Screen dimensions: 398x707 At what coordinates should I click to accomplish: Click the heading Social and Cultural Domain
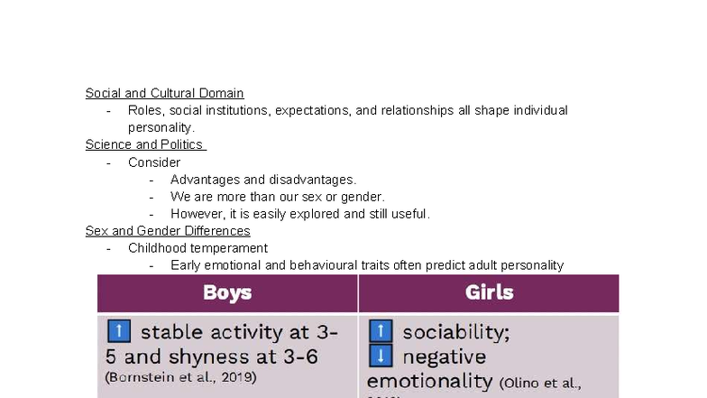pyautogui.click(x=164, y=93)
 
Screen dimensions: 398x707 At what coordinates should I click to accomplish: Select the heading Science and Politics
pyautogui.click(x=144, y=144)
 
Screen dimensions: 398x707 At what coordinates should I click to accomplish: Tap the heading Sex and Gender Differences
pyautogui.click(x=168, y=231)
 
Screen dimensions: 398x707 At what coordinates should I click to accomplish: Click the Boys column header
pyautogui.click(x=227, y=292)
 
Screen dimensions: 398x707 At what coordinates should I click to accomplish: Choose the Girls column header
pyautogui.click(x=489, y=292)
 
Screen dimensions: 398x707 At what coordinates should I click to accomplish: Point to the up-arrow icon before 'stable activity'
pyautogui.click(x=118, y=331)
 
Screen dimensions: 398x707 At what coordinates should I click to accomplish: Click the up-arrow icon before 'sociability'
pyautogui.click(x=381, y=331)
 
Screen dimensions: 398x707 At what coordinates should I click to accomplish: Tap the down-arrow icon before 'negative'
pyautogui.click(x=381, y=356)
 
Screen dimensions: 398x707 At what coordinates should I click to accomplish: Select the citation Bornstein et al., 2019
pyautogui.click(x=181, y=376)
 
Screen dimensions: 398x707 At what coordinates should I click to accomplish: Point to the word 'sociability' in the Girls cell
pyautogui.click(x=456, y=331)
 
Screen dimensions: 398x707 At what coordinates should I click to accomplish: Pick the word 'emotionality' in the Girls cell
pyautogui.click(x=429, y=381)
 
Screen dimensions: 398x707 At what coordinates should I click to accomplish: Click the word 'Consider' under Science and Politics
pyautogui.click(x=154, y=162)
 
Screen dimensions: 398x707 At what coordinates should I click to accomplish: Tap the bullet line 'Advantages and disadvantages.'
pyautogui.click(x=263, y=180)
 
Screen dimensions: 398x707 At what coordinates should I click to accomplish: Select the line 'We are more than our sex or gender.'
pyautogui.click(x=278, y=197)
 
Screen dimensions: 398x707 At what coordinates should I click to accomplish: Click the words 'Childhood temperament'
pyautogui.click(x=197, y=248)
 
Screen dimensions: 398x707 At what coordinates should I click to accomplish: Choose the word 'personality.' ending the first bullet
pyautogui.click(x=161, y=127)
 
